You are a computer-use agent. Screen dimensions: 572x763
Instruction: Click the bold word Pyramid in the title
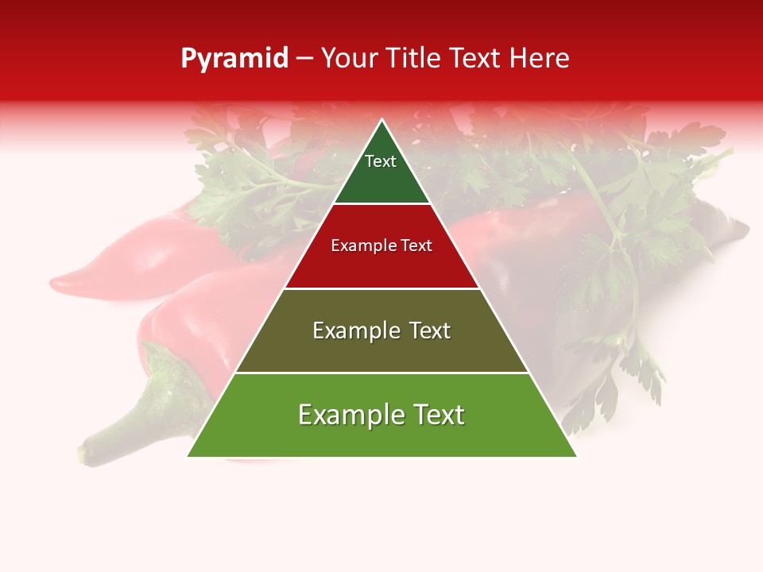pos(234,59)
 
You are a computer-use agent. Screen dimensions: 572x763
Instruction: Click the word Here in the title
pos(540,59)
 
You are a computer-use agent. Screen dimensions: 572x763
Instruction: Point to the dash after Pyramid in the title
pos(304,60)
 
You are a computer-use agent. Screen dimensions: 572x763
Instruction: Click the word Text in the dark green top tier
pos(381,161)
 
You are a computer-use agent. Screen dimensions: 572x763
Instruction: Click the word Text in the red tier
pos(416,245)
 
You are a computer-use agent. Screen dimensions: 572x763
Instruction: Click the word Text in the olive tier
pos(429,330)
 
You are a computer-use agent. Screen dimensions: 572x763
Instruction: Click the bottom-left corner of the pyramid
pos(188,456)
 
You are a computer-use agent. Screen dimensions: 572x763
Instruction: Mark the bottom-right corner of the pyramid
pos(576,456)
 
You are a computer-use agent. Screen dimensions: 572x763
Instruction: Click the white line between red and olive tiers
pos(382,288)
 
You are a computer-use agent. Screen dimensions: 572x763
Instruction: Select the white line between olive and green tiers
pos(382,373)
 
